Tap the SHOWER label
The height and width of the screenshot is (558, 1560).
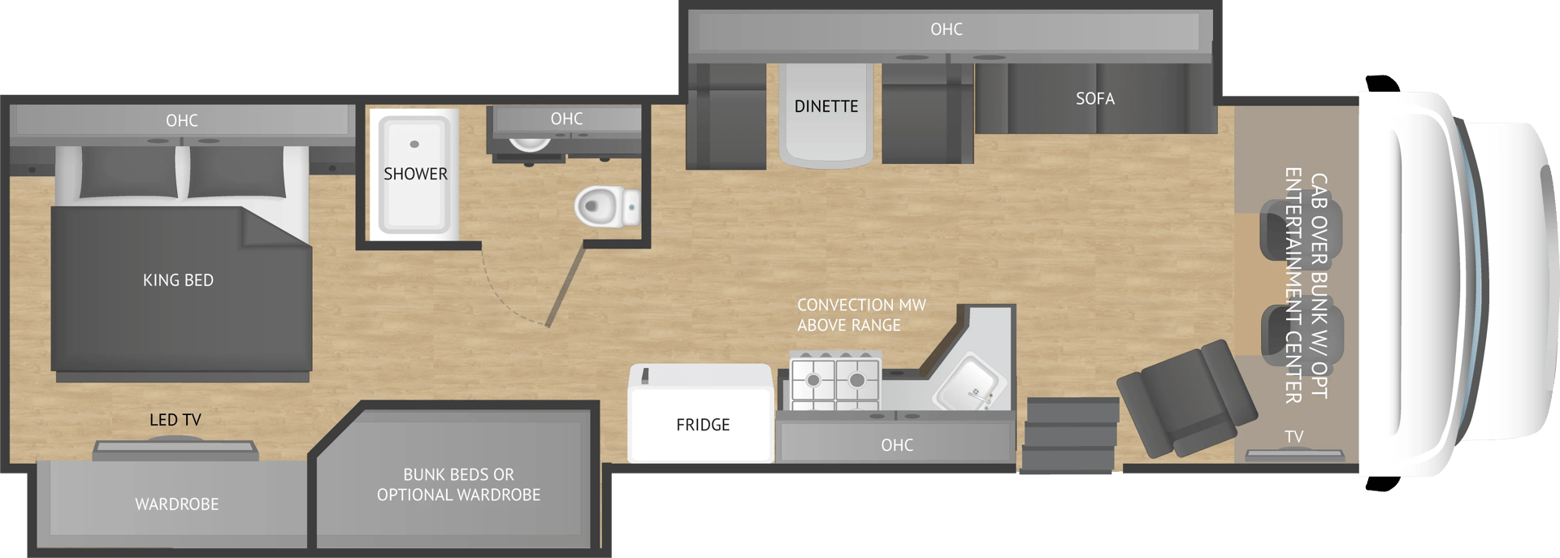pyautogui.click(x=415, y=174)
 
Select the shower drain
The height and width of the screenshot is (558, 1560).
pyautogui.click(x=414, y=145)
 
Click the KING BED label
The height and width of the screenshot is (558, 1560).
pyautogui.click(x=178, y=280)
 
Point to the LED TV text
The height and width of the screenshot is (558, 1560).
pyautogui.click(x=175, y=420)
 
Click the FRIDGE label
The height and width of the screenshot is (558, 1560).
pyautogui.click(x=703, y=425)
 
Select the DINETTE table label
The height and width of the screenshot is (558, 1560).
pyautogui.click(x=826, y=106)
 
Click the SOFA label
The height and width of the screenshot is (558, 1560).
pyautogui.click(x=1094, y=99)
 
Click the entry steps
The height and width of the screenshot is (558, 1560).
pyautogui.click(x=1069, y=435)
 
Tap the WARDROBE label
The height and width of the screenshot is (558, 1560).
pyautogui.click(x=177, y=504)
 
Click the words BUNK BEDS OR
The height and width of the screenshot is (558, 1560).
pyautogui.click(x=458, y=474)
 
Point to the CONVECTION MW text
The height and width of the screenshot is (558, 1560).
pyautogui.click(x=861, y=305)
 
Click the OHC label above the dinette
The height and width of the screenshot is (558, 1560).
pyautogui.click(x=947, y=29)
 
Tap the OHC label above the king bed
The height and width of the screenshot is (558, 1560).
pyautogui.click(x=182, y=121)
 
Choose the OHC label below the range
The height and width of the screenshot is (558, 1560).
pyautogui.click(x=897, y=445)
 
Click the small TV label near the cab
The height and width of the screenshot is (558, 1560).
pyautogui.click(x=1294, y=437)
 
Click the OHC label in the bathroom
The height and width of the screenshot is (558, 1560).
pyautogui.click(x=566, y=119)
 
